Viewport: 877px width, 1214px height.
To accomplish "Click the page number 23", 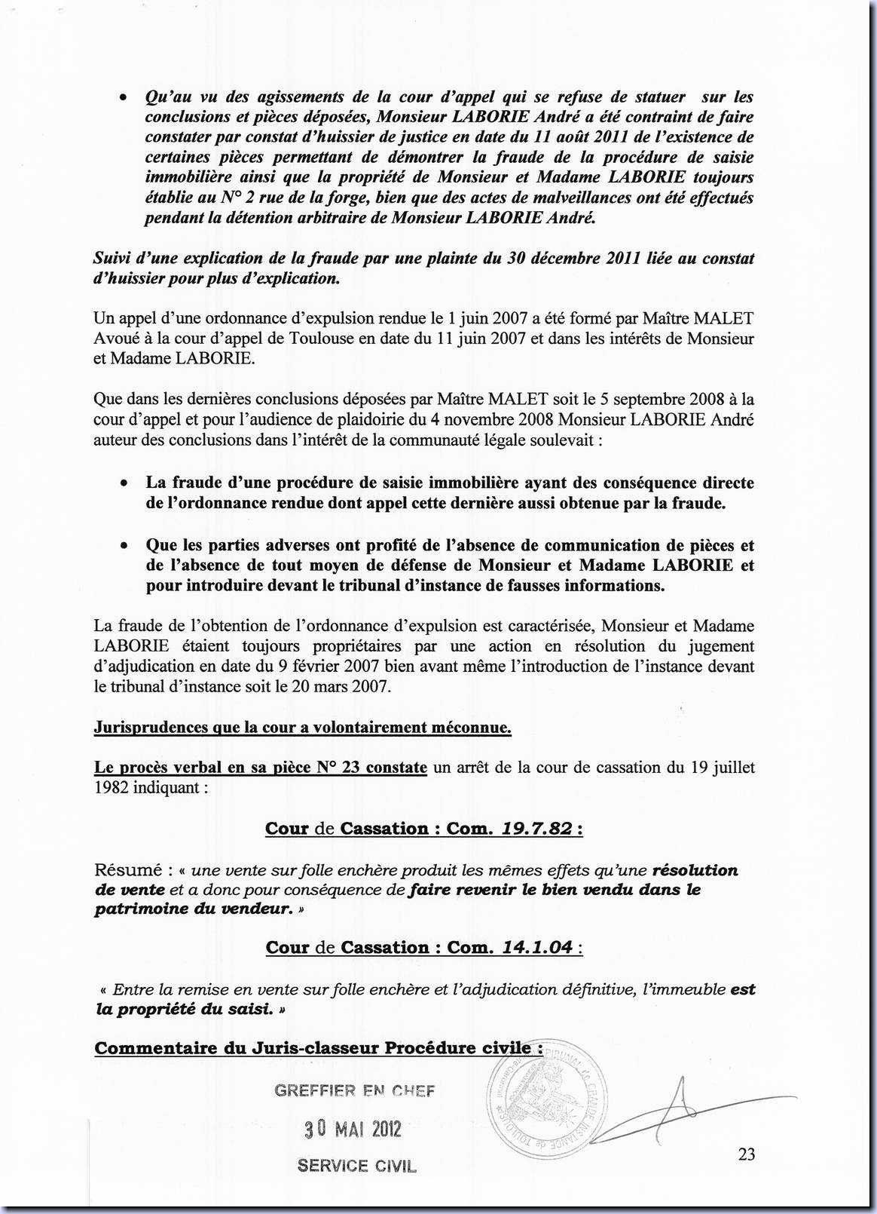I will coord(747,1154).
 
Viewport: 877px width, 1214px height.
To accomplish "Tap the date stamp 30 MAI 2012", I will coord(353,1129).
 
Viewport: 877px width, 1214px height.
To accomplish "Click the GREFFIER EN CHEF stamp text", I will coord(355,1090).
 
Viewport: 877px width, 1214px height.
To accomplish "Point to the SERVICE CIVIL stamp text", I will coord(356,1166).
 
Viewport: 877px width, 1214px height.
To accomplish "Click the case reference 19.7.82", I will coord(536,829).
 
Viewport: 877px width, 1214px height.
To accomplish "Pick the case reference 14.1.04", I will coord(536,948).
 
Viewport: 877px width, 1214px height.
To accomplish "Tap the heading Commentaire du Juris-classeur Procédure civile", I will coord(318,1048).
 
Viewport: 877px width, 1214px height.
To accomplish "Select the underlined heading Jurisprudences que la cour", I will coord(302,728).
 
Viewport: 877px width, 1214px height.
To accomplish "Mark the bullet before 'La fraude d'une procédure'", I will coord(123,484).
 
